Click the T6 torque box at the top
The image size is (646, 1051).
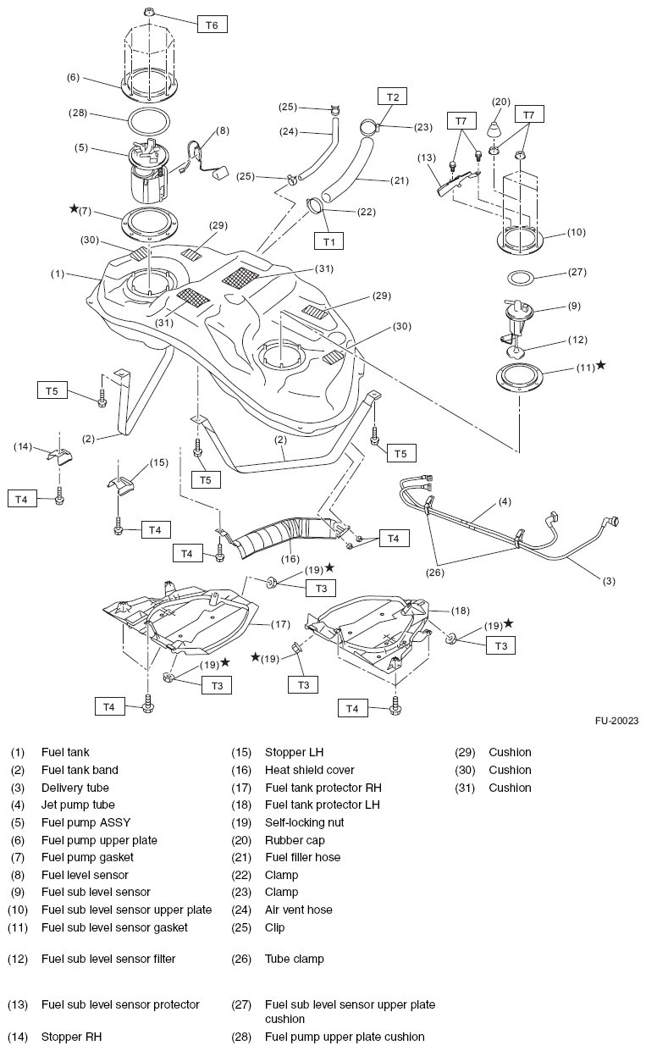click(x=212, y=25)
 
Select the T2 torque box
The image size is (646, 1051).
click(x=392, y=97)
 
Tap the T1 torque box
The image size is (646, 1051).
click(x=329, y=241)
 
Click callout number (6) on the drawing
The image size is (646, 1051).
click(x=73, y=77)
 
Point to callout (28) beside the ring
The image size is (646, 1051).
click(x=79, y=112)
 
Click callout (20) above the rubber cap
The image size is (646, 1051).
click(x=501, y=102)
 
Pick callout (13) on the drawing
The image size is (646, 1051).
click(x=427, y=157)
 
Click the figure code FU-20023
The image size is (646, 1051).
click(x=616, y=722)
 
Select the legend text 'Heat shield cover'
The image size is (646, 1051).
click(x=309, y=770)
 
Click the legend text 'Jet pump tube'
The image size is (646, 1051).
click(x=78, y=805)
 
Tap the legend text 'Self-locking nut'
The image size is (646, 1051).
click(x=304, y=822)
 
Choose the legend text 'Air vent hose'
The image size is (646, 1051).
click(x=298, y=910)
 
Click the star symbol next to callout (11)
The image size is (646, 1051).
click(x=600, y=365)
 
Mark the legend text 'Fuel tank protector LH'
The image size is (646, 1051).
click(x=323, y=805)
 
